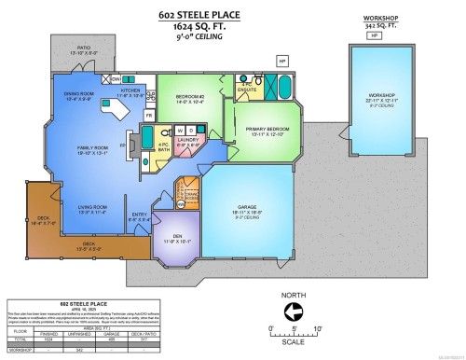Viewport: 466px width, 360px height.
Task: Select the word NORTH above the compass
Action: (x=292, y=292)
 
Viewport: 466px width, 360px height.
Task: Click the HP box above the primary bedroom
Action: (x=282, y=62)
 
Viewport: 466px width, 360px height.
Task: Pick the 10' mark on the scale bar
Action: (x=318, y=328)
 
